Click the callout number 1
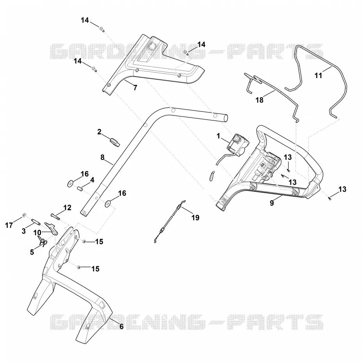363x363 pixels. [218, 136]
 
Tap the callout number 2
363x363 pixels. [99, 132]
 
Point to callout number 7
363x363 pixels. [135, 88]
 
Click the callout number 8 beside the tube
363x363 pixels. [102, 157]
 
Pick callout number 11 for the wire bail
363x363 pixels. [319, 75]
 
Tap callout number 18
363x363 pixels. [260, 100]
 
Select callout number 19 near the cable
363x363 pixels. [196, 218]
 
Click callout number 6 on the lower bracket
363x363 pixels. [121, 326]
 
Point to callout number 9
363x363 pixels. [272, 203]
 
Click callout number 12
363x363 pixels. [68, 208]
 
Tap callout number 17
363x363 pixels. [9, 225]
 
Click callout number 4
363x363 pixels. [92, 180]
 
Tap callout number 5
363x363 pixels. [32, 252]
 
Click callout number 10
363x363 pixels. [37, 233]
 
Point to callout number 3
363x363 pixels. [23, 231]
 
